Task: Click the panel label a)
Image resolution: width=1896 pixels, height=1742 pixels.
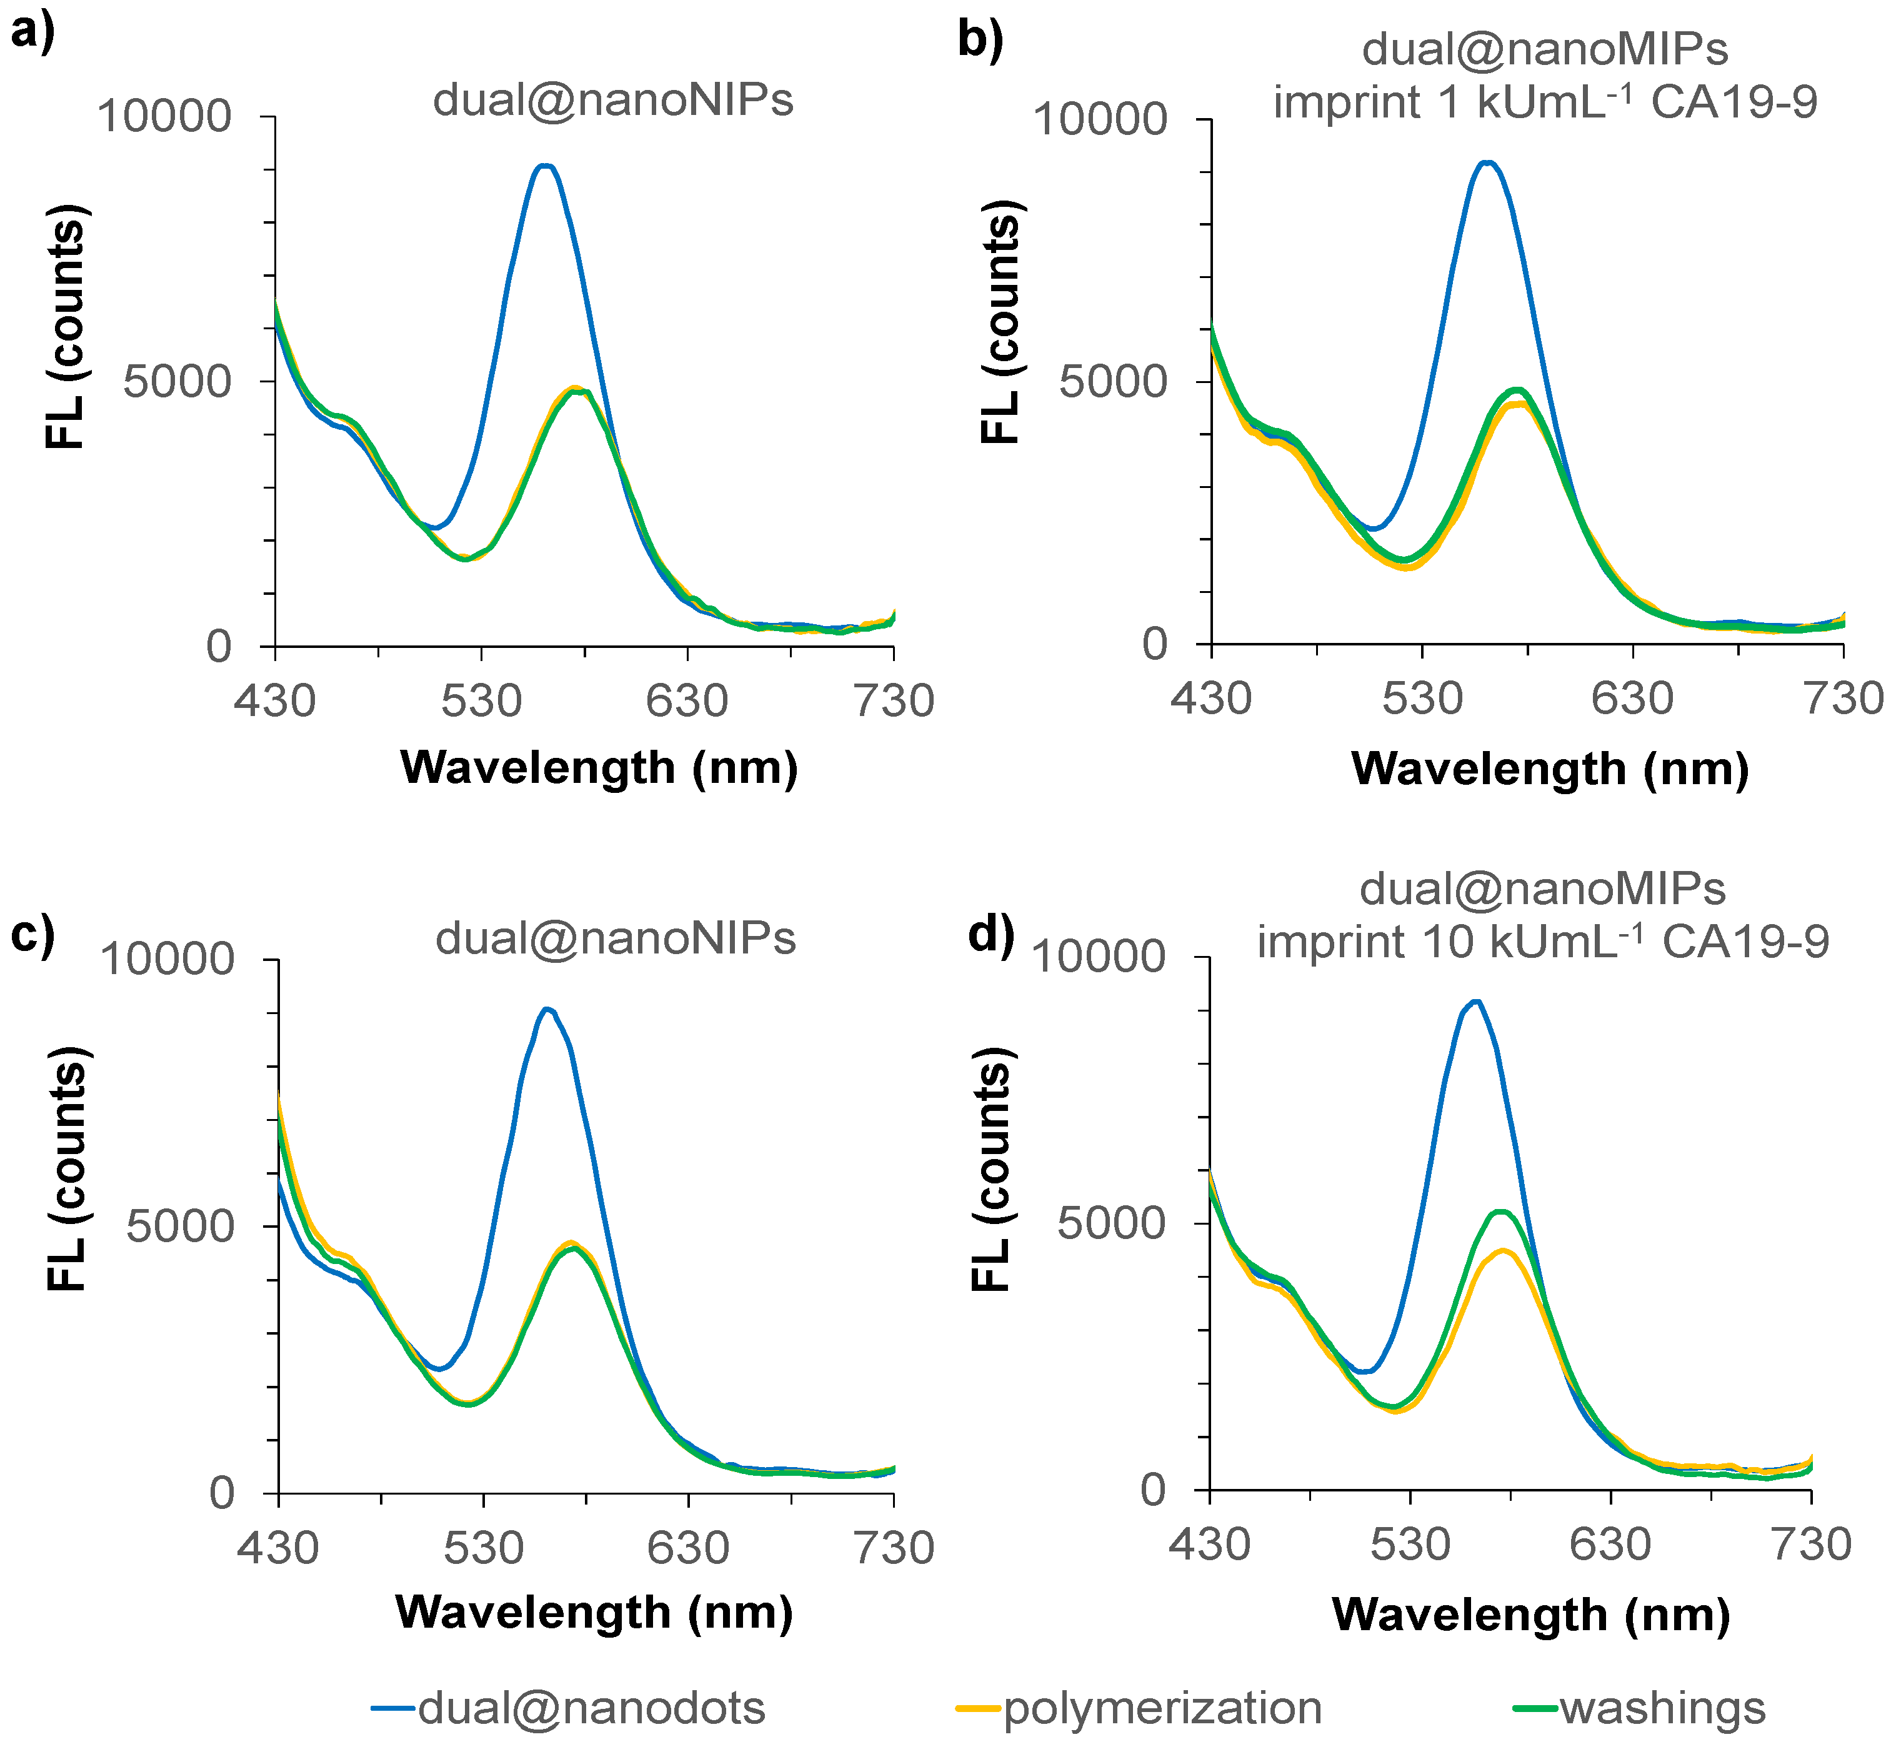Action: (x=33, y=34)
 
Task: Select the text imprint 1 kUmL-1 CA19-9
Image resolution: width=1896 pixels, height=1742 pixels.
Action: (x=1544, y=102)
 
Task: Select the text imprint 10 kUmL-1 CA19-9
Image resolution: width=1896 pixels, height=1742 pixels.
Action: (x=1542, y=941)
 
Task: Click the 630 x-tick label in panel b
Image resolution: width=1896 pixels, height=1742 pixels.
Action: (x=1632, y=699)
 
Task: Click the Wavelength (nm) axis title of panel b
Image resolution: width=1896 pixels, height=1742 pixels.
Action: (x=1550, y=769)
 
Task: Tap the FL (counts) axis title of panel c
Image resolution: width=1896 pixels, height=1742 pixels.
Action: (x=68, y=1169)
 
